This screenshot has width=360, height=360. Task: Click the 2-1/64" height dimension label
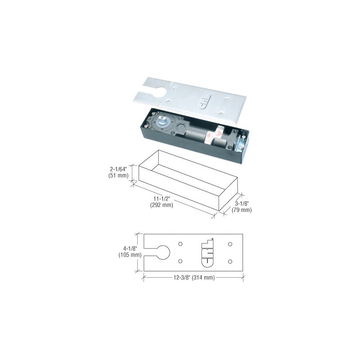click(x=118, y=170)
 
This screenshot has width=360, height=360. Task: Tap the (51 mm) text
click(x=118, y=175)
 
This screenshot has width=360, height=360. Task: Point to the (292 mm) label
click(x=162, y=205)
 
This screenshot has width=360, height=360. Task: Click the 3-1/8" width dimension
click(x=242, y=203)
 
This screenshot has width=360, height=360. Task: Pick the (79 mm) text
click(x=242, y=210)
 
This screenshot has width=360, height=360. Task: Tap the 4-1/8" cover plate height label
click(x=130, y=248)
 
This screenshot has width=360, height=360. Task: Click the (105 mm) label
click(x=130, y=255)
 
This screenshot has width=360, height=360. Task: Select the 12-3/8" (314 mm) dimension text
click(x=194, y=278)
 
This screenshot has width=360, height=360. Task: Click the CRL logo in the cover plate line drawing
click(x=207, y=253)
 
